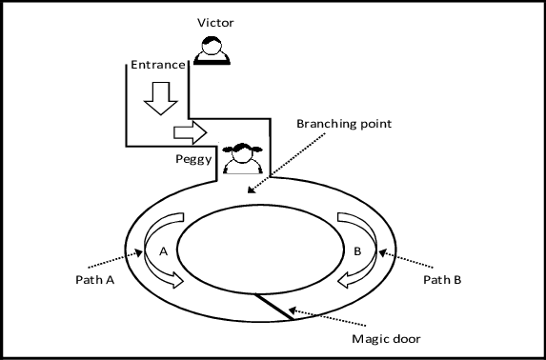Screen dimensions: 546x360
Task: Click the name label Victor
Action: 215,23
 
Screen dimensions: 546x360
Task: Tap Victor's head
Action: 212,46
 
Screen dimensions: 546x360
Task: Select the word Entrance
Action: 158,65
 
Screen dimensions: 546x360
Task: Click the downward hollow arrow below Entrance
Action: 161,98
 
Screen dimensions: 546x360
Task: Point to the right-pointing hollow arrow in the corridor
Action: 191,132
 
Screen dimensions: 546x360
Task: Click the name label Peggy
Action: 193,159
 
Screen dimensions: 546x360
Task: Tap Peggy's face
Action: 242,154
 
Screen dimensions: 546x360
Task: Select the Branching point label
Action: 344,124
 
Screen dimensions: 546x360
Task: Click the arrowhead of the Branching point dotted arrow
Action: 251,190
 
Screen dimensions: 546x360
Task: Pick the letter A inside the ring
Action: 163,251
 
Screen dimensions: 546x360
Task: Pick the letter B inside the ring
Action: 357,251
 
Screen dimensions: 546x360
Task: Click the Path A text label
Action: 95,280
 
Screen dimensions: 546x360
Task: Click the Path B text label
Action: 442,280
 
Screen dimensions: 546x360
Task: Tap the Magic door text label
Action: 386,339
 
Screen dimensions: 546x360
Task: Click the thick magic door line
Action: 273,307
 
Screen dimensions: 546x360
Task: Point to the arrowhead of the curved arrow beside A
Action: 178,281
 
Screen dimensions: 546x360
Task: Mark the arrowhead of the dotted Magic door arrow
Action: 293,310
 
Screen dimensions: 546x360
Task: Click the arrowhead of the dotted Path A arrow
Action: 139,252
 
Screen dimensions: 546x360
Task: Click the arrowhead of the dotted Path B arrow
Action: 383,252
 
